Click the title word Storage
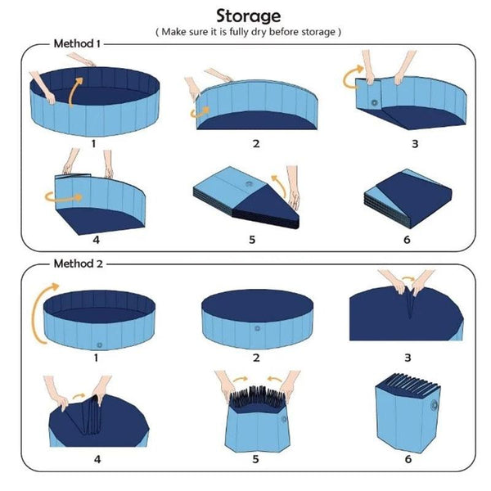tap(248, 15)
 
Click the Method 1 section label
tap(78, 43)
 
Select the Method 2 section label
tap(78, 264)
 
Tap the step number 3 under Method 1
tap(415, 143)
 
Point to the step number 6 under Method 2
tap(408, 460)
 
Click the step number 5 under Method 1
tap(252, 240)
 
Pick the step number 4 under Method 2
tap(97, 460)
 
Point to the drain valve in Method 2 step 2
tap(257, 328)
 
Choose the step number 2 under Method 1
tap(256, 143)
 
